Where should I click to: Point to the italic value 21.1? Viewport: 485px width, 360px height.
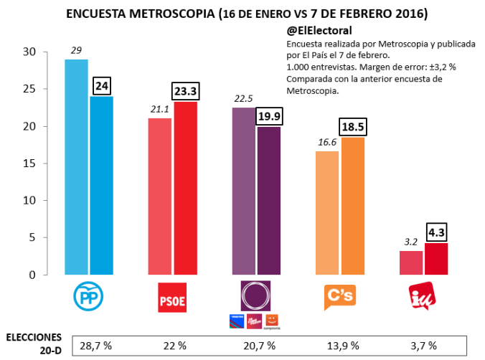point(159,109)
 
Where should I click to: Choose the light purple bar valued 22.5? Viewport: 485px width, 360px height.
point(244,191)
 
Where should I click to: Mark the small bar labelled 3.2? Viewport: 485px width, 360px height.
point(410,262)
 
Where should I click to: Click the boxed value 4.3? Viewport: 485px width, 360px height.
point(436,233)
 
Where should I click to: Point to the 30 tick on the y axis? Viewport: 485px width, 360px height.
point(29,52)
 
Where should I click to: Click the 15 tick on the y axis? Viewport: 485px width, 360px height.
point(29,164)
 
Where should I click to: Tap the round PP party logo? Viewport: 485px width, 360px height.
point(88,297)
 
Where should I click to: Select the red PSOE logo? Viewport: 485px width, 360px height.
point(172,298)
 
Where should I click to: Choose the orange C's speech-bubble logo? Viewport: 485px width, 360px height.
point(339,297)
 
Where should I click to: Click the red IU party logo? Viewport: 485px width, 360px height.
point(421,297)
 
